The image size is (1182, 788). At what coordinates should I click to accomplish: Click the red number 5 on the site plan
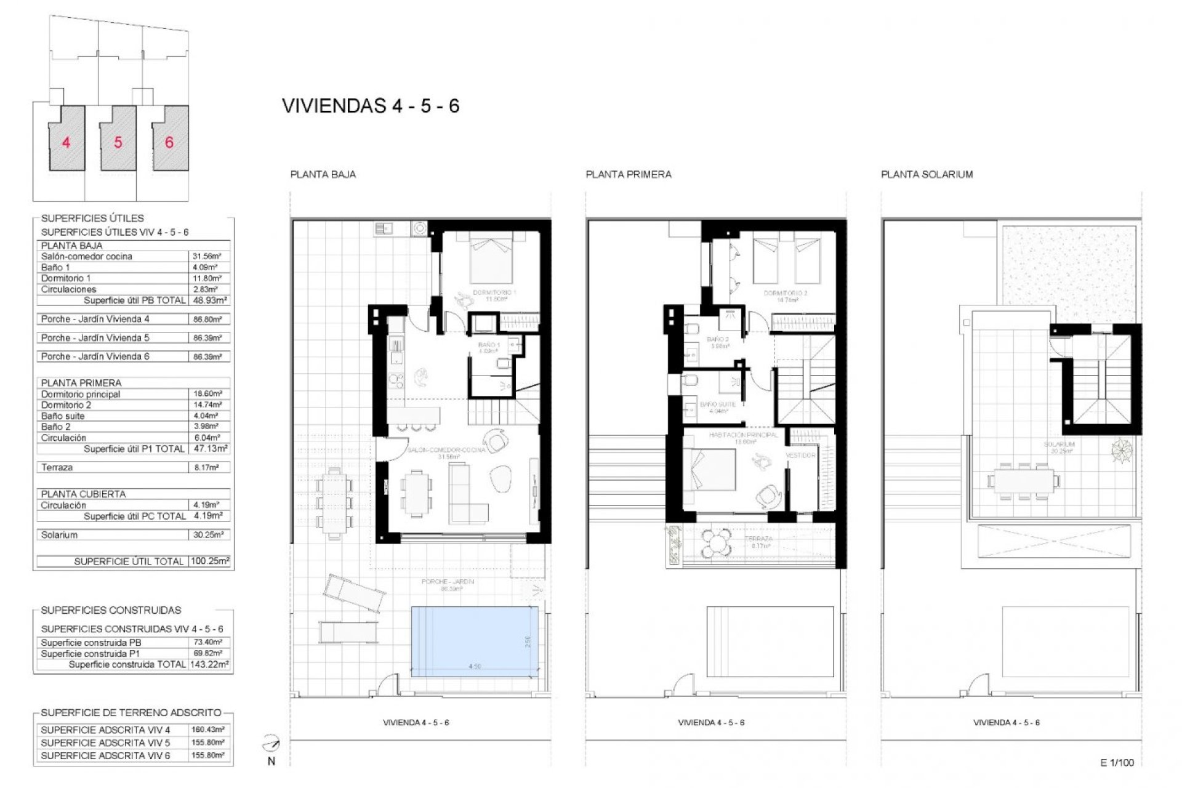coord(118,143)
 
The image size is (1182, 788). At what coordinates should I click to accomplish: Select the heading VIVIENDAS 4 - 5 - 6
coord(371,106)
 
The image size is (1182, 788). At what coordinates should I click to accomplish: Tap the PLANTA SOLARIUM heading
coord(927,174)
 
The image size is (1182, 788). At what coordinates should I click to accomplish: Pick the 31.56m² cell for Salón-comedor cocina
coord(207,256)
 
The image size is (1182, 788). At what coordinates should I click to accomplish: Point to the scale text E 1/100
coord(1116,762)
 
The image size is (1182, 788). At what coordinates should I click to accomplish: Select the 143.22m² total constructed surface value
coord(209,664)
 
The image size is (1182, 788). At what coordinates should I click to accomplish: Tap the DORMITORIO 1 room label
coord(494,293)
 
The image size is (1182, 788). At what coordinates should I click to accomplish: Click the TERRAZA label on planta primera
coord(758,539)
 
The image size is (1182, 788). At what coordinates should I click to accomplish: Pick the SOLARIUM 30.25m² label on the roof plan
coord(1059,447)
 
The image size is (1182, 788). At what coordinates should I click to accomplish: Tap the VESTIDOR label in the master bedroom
coord(800,455)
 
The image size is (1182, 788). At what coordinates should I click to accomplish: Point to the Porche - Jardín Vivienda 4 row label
coord(95,319)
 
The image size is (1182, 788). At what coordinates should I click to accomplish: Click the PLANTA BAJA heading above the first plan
coord(323,174)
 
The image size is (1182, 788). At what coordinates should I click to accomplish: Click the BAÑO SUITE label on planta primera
coord(718,404)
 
